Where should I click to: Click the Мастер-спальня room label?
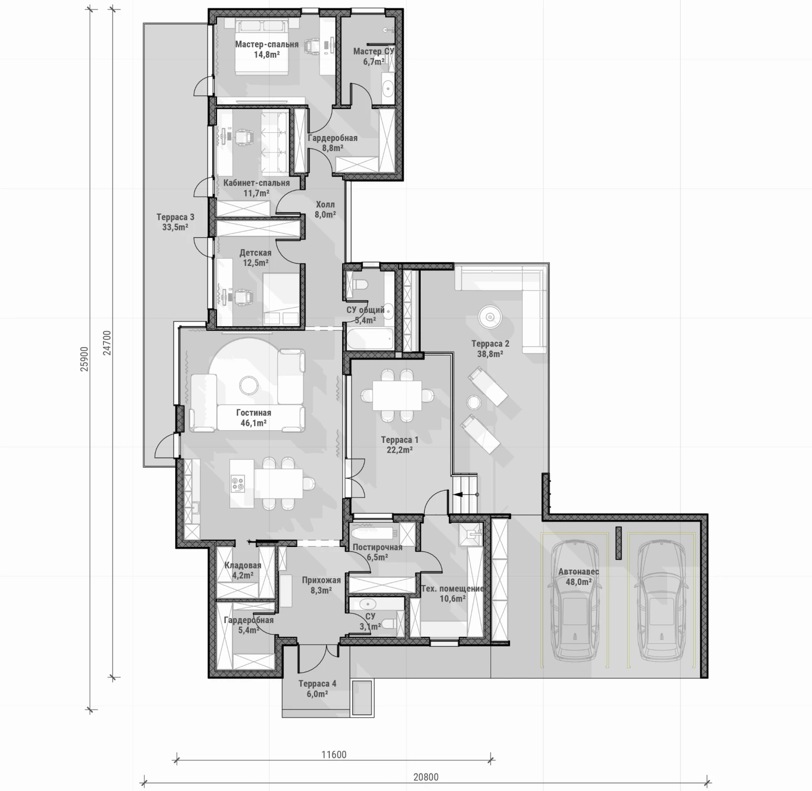click(x=266, y=44)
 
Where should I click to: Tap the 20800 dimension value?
click(x=425, y=776)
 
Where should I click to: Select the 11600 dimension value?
click(x=334, y=754)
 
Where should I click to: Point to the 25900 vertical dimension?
click(x=84, y=359)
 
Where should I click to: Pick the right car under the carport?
click(x=661, y=601)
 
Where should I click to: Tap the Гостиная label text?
click(x=254, y=413)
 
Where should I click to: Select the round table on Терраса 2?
click(x=490, y=318)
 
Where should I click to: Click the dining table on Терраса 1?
click(x=397, y=396)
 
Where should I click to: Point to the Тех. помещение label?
click(x=452, y=589)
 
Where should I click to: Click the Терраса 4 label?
click(x=317, y=683)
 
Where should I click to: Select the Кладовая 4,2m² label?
click(x=243, y=570)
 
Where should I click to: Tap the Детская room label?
click(x=255, y=253)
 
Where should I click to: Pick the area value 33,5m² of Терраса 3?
click(x=175, y=227)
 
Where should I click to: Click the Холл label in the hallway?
click(x=325, y=204)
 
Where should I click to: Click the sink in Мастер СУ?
click(x=388, y=88)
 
